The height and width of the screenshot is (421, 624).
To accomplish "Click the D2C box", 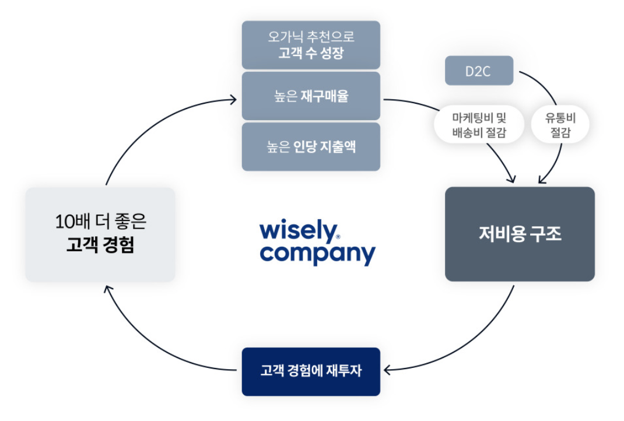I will (x=479, y=71).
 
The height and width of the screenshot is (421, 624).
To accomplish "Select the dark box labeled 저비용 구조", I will (x=520, y=234).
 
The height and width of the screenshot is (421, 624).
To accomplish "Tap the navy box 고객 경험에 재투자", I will (x=311, y=371).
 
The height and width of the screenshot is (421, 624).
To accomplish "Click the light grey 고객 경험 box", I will (x=100, y=234).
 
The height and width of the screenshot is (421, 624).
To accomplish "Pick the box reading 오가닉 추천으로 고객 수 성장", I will (x=311, y=45).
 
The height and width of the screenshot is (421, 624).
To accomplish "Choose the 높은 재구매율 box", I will (x=311, y=96).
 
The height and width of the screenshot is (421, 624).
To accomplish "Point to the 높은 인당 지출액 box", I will (x=311, y=147).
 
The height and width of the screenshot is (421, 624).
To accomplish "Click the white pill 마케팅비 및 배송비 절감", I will (x=479, y=125).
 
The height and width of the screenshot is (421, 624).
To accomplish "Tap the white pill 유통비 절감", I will (x=559, y=125).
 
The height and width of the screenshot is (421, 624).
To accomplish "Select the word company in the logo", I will (x=317, y=254).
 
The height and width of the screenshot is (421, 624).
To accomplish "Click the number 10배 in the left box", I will (x=68, y=222).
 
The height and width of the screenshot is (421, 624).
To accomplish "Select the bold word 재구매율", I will (x=324, y=96).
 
